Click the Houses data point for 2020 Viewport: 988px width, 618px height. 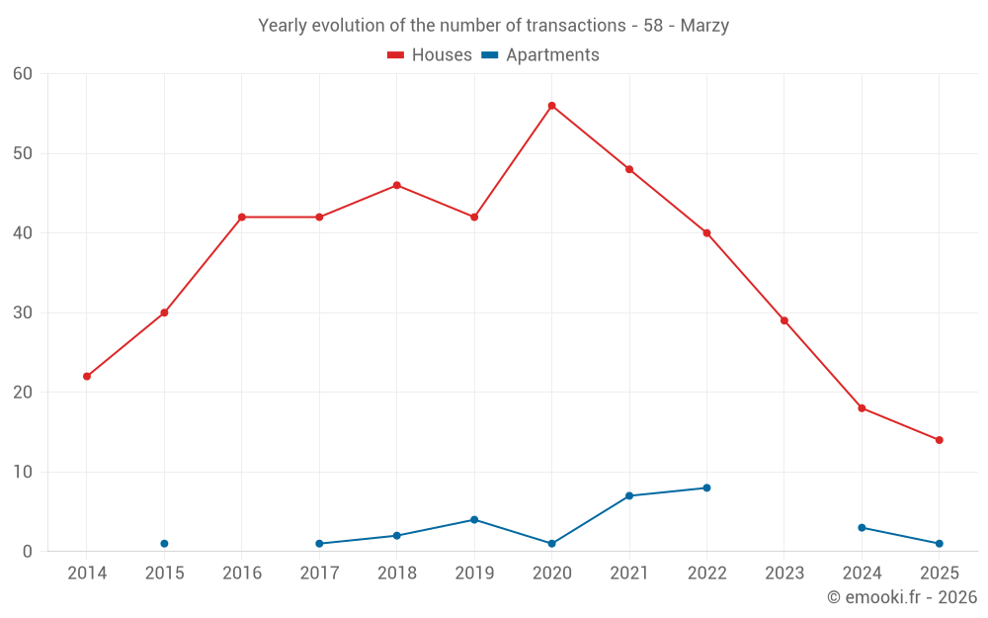click(x=551, y=106)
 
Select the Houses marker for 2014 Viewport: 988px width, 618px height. click(x=87, y=377)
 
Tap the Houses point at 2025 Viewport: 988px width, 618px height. click(x=939, y=440)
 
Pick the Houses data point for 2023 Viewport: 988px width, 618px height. click(x=783, y=320)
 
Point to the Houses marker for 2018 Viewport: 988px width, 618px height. click(x=396, y=185)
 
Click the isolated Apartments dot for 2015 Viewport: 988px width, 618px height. click(x=164, y=544)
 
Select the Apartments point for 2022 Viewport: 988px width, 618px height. click(x=706, y=487)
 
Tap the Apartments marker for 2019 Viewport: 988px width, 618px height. click(x=474, y=519)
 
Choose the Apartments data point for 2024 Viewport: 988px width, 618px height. click(x=862, y=528)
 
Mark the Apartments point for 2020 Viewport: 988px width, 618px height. click(x=551, y=544)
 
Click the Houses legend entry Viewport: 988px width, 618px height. click(x=430, y=55)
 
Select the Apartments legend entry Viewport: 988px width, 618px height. click(x=541, y=55)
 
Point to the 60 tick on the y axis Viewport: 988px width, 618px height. click(x=23, y=74)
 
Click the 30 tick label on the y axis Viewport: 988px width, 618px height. click(x=23, y=313)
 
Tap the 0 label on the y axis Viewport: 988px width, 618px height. click(x=28, y=552)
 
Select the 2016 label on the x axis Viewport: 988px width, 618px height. click(x=241, y=574)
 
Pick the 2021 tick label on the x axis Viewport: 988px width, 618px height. click(x=628, y=574)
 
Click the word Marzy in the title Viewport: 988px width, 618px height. click(x=704, y=26)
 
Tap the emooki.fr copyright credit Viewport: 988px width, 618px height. click(x=902, y=597)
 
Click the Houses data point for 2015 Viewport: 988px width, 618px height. click(x=164, y=312)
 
